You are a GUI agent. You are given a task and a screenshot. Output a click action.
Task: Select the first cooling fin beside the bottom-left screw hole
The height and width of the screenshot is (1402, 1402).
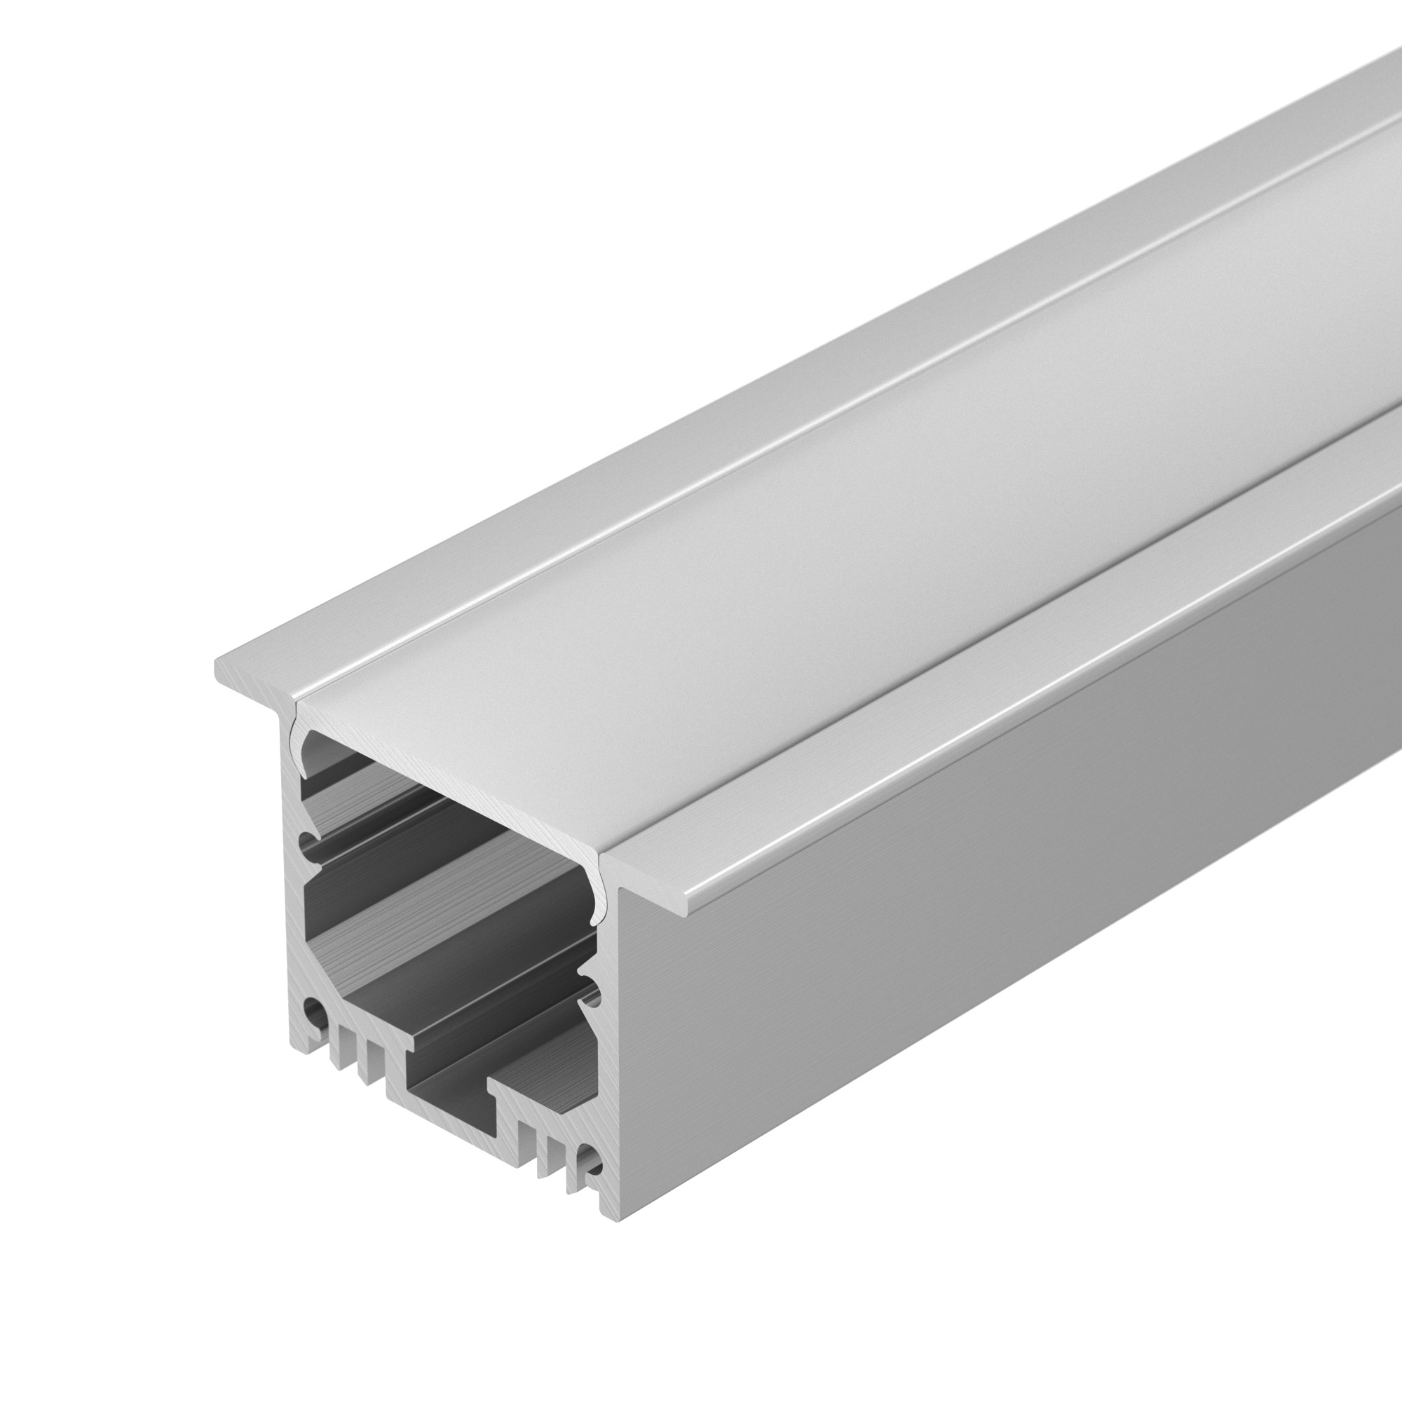[x=335, y=1052]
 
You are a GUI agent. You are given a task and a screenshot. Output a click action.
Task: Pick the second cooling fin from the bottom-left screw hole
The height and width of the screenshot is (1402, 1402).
[x=363, y=1067]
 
